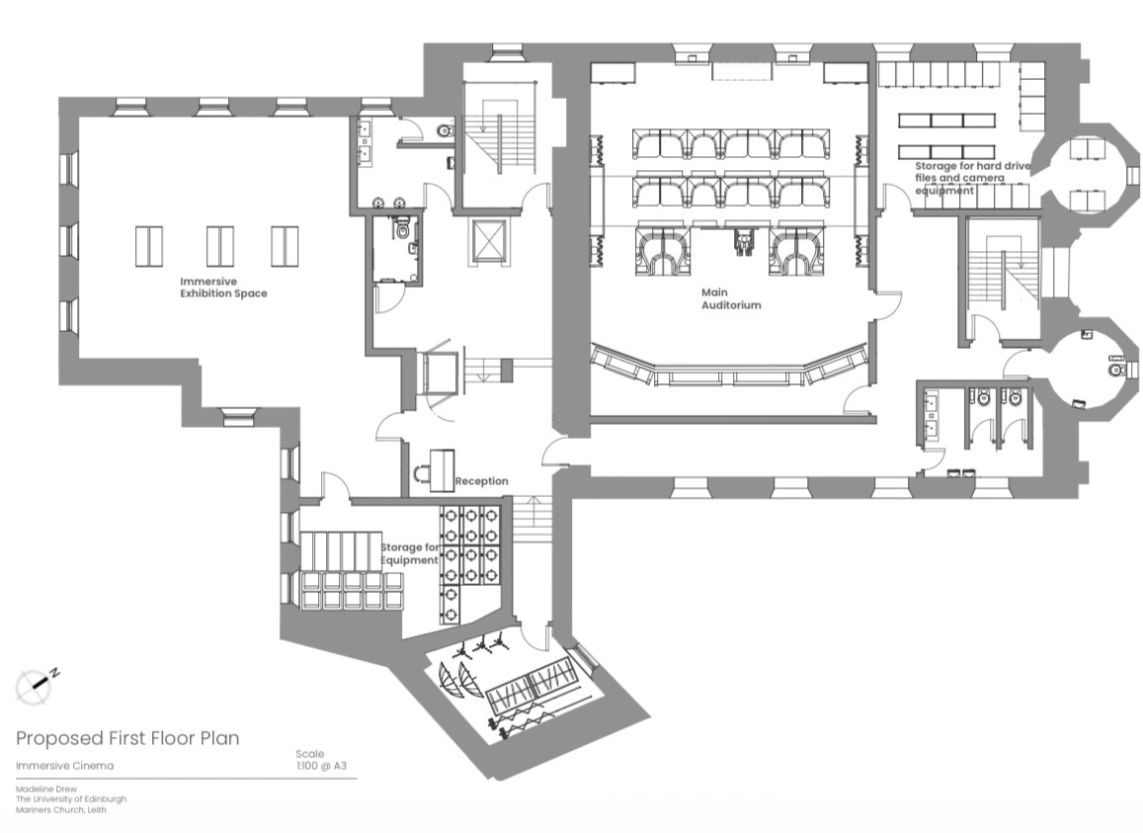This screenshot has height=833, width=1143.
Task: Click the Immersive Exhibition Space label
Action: pyautogui.click(x=224, y=288)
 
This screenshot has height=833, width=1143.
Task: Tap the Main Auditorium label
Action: pyautogui.click(x=731, y=299)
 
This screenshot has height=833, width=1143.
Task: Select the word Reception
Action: pyautogui.click(x=482, y=481)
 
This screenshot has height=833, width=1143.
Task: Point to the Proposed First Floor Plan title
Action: pyautogui.click(x=127, y=738)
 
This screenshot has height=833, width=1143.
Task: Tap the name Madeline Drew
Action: pyautogui.click(x=45, y=790)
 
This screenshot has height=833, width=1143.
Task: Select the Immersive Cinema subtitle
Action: pyautogui.click(x=65, y=766)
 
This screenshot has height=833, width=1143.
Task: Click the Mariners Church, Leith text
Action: pyautogui.click(x=60, y=809)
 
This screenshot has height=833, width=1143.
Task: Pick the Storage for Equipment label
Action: pyautogui.click(x=410, y=553)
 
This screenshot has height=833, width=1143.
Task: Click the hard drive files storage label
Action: pyautogui.click(x=972, y=178)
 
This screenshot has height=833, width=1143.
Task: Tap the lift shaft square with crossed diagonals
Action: pyautogui.click(x=488, y=240)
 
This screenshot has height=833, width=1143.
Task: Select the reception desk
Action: pyautogui.click(x=442, y=469)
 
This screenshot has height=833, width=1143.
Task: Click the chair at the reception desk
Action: pyautogui.click(x=421, y=475)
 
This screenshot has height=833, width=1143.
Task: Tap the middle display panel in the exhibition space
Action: pyautogui.click(x=220, y=247)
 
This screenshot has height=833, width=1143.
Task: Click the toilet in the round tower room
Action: pyautogui.click(x=1115, y=370)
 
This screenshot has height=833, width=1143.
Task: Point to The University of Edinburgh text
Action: pyautogui.click(x=71, y=799)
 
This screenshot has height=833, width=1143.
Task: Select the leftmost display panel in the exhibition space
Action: pyautogui.click(x=149, y=247)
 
